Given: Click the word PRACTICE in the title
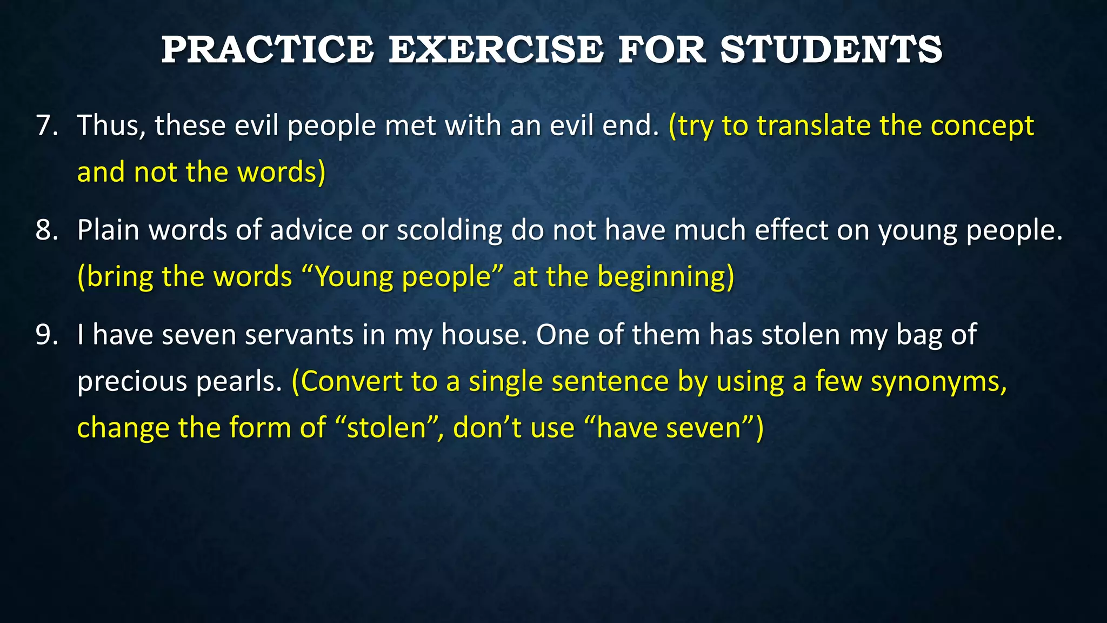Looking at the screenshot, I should coord(267,50).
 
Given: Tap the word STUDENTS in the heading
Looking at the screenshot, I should coord(831,50).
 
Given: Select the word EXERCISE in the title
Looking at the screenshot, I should coord(496,50).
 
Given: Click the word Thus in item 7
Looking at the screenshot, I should coord(111,126).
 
